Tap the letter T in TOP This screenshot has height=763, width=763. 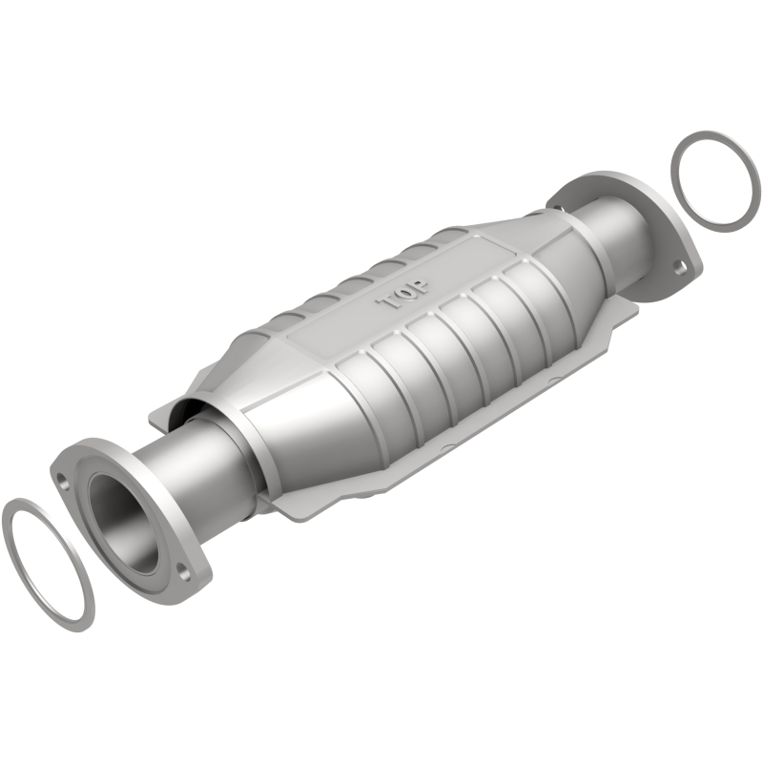(391, 304)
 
